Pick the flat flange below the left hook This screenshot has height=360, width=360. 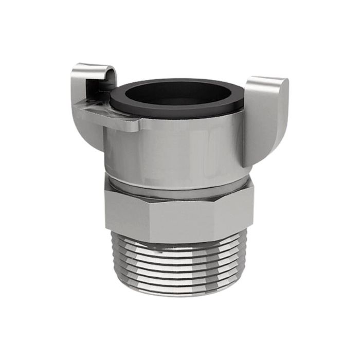click(111, 117)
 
